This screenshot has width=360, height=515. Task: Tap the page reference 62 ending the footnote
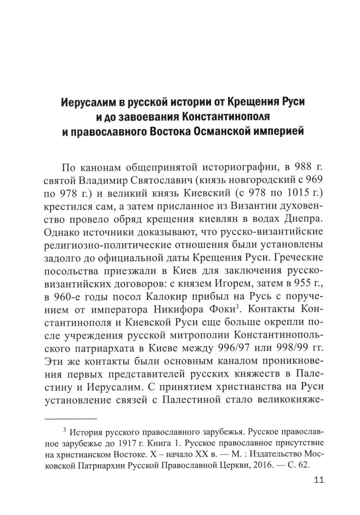pos(303,465)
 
